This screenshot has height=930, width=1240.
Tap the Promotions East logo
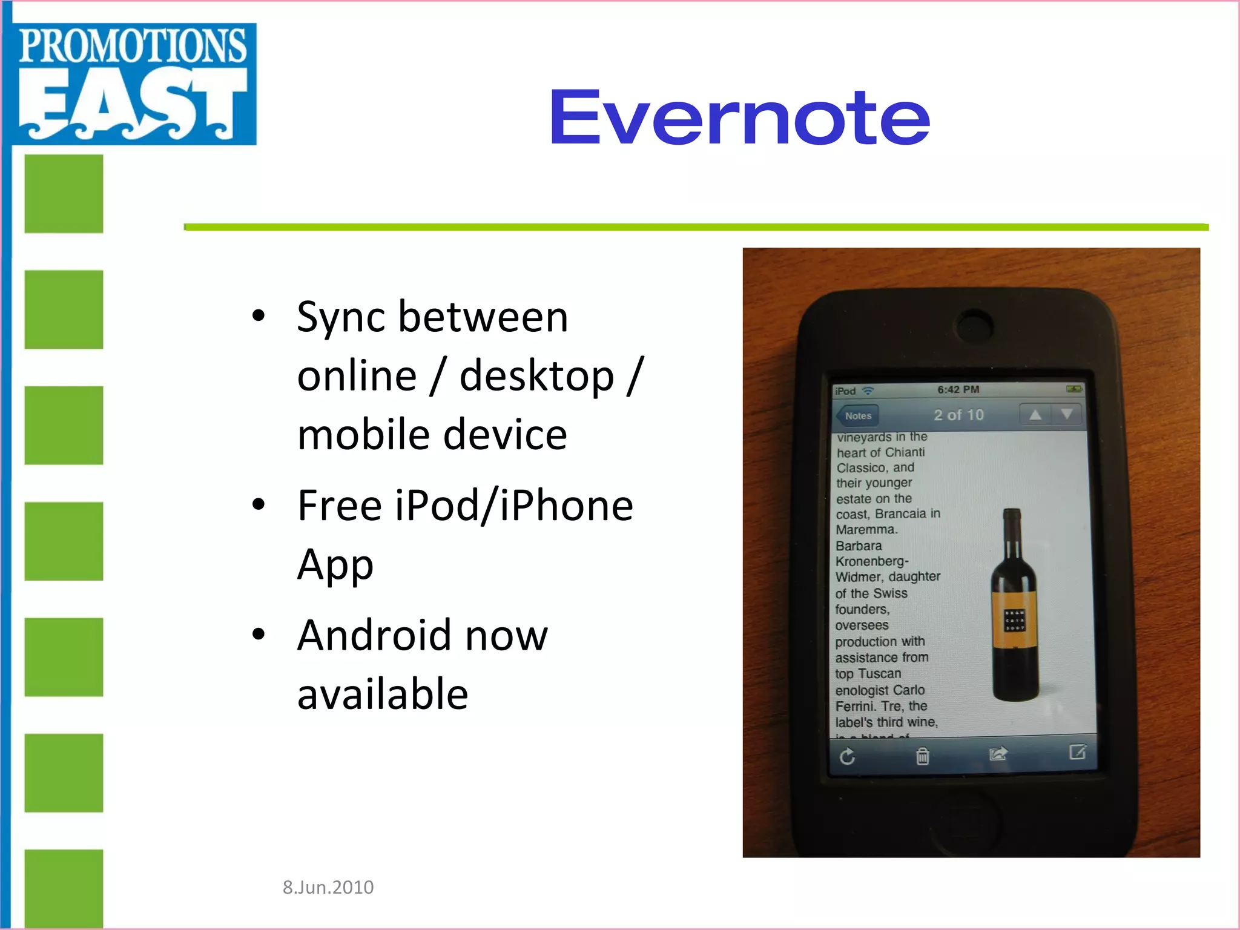[x=133, y=83]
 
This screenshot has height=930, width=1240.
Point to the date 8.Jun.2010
[x=328, y=887]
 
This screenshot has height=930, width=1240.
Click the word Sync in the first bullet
[x=340, y=318]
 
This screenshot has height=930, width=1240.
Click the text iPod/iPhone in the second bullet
[x=513, y=506]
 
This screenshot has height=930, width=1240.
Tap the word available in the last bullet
[x=383, y=694]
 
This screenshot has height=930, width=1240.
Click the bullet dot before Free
[x=259, y=504]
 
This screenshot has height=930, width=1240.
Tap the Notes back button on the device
[x=857, y=415]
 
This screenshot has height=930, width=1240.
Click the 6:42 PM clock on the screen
[x=958, y=389]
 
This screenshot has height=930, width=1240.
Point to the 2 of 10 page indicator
[x=958, y=415]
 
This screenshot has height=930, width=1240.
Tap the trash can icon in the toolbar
[x=922, y=756]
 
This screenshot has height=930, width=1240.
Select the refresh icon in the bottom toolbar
[x=848, y=756]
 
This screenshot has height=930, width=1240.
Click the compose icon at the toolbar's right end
[x=1077, y=752]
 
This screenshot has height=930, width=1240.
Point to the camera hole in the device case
[x=974, y=325]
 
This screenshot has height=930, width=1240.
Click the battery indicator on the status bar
[x=1073, y=389]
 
